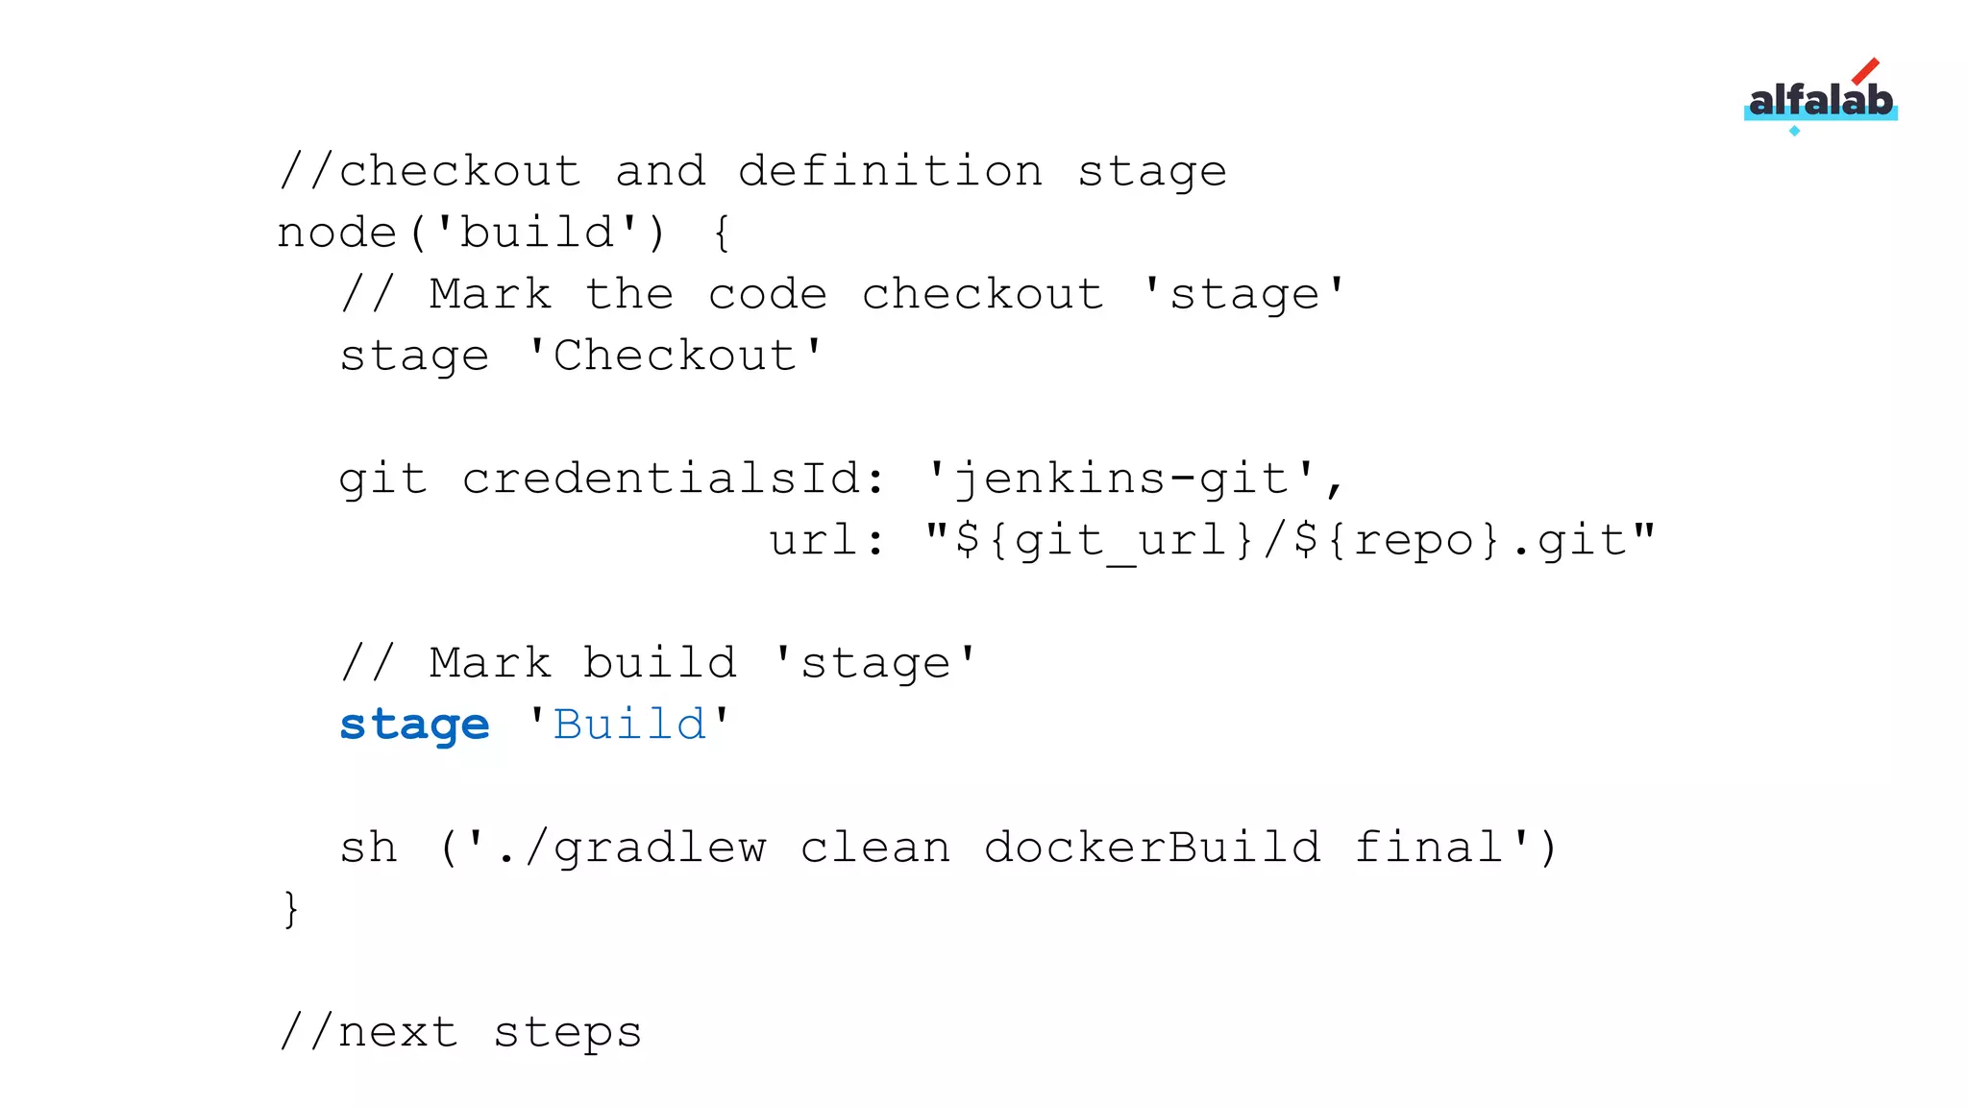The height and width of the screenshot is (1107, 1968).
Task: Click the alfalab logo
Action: click(1820, 101)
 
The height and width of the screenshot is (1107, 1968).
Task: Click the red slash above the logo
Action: click(1865, 71)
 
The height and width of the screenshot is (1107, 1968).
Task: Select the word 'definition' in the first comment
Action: click(890, 172)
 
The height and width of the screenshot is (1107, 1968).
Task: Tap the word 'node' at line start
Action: click(336, 234)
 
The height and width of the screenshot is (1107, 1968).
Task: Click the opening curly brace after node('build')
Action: click(723, 234)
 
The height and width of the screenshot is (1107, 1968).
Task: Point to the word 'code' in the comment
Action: click(767, 295)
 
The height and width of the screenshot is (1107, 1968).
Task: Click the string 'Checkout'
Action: click(675, 357)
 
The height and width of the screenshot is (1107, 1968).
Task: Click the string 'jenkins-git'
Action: click(1120, 480)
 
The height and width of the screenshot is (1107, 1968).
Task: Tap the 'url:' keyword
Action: click(826, 541)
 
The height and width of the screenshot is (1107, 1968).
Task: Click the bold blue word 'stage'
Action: click(414, 726)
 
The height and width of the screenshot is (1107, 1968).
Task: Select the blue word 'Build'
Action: click(629, 726)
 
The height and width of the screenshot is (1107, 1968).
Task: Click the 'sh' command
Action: click(368, 849)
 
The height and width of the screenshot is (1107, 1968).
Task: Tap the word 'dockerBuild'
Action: click(1151, 849)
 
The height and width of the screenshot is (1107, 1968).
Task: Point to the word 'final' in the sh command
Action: click(1428, 849)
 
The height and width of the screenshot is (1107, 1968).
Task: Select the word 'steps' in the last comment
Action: click(567, 1033)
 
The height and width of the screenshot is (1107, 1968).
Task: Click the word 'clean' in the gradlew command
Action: click(874, 849)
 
